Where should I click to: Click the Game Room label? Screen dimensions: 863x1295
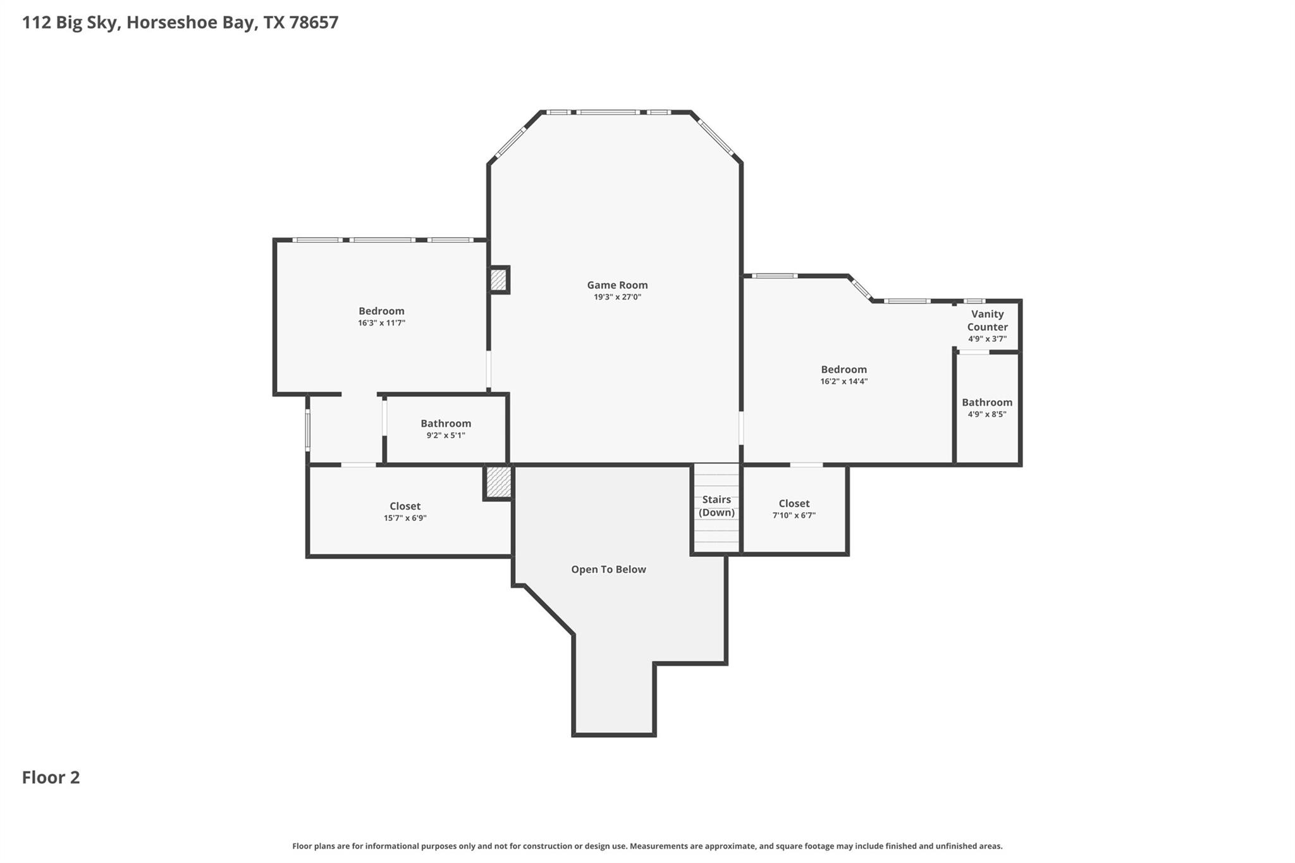tap(617, 285)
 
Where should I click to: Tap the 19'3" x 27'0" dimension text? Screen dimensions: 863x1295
tap(617, 297)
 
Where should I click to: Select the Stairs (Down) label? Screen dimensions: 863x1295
tap(716, 506)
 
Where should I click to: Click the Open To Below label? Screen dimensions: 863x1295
tap(608, 569)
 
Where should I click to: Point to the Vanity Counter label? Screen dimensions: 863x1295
tap(987, 321)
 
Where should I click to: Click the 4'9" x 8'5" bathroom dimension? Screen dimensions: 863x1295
tap(986, 415)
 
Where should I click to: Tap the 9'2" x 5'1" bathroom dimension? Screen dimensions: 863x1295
tap(445, 436)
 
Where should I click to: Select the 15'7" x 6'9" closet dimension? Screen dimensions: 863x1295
tap(405, 518)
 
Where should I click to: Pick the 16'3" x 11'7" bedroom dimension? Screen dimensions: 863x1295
tap(381, 323)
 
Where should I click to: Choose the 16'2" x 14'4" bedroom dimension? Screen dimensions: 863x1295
tap(844, 382)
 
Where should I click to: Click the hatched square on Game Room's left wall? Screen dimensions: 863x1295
tap(498, 279)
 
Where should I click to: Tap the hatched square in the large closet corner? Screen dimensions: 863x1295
tap(498, 482)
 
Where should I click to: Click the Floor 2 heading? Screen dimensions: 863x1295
tap(51, 777)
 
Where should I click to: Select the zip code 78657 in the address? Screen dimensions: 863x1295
tap(314, 22)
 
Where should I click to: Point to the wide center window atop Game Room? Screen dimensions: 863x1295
tap(607, 113)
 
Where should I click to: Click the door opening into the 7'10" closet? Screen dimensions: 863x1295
tap(806, 465)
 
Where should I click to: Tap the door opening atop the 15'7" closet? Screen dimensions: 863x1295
tap(359, 465)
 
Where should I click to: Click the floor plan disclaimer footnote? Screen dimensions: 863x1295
tap(647, 846)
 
